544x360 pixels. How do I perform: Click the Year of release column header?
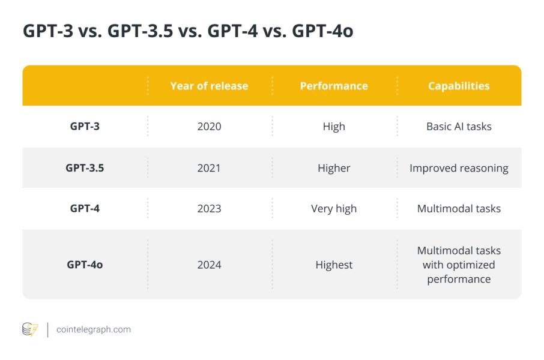coord(209,86)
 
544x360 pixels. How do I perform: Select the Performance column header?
coord(334,86)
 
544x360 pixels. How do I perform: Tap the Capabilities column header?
coord(459,86)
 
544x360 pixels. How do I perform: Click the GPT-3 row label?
coord(85,127)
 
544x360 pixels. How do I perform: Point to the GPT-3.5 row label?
coord(85,168)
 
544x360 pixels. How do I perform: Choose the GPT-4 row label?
coord(85,209)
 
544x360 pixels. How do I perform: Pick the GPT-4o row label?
coord(85,265)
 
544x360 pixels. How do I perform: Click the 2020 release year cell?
coord(209,127)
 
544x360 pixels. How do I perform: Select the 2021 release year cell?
coord(209,168)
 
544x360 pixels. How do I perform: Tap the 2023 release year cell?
coord(209,209)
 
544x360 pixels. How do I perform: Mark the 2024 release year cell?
coord(209,265)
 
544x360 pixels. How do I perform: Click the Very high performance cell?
coord(334,209)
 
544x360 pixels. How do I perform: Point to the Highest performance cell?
coord(334,265)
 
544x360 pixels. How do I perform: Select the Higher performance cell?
coord(334,168)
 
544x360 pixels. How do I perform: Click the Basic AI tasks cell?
coord(459,127)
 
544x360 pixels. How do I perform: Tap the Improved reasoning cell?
coord(459,168)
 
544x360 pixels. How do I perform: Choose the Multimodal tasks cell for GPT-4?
coord(459,209)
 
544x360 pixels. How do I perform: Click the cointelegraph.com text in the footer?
coord(93,329)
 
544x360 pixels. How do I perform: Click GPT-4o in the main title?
coord(322,31)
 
